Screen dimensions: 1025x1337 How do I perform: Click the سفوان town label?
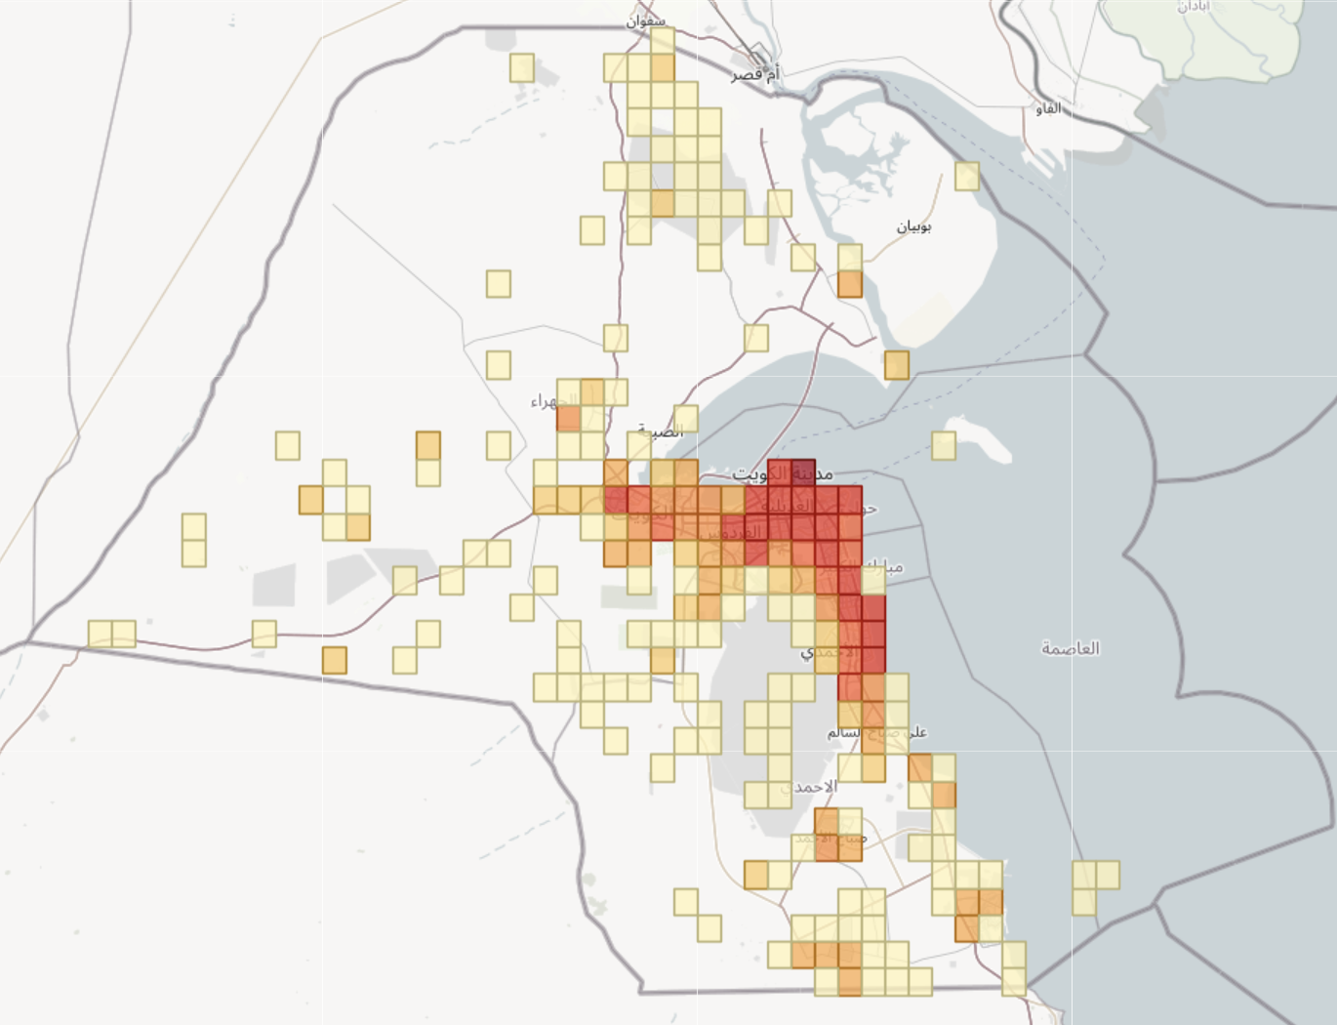click(x=647, y=20)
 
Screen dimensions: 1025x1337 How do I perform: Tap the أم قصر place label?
click(x=755, y=74)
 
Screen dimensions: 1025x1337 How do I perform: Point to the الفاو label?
click(x=1048, y=108)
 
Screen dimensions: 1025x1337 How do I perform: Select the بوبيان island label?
click(x=913, y=226)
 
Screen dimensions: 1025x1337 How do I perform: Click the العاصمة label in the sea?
click(x=1070, y=647)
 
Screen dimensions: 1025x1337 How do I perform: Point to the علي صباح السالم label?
click(x=876, y=731)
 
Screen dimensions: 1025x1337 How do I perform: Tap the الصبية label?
click(x=660, y=430)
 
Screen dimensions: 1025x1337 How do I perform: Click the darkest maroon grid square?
click(x=802, y=472)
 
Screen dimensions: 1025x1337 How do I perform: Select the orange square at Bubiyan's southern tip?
click(x=897, y=365)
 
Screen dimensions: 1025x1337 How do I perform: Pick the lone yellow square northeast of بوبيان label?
click(x=967, y=176)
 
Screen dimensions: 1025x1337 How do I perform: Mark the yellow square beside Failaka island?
click(x=944, y=445)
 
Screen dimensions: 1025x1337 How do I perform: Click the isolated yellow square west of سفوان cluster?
click(x=522, y=68)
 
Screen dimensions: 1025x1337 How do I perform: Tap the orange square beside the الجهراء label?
click(x=568, y=419)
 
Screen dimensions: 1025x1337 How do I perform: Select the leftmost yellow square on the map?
click(x=101, y=633)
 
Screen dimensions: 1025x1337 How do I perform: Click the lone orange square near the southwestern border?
click(x=335, y=660)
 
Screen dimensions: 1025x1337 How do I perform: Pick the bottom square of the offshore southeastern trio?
click(x=1084, y=901)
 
